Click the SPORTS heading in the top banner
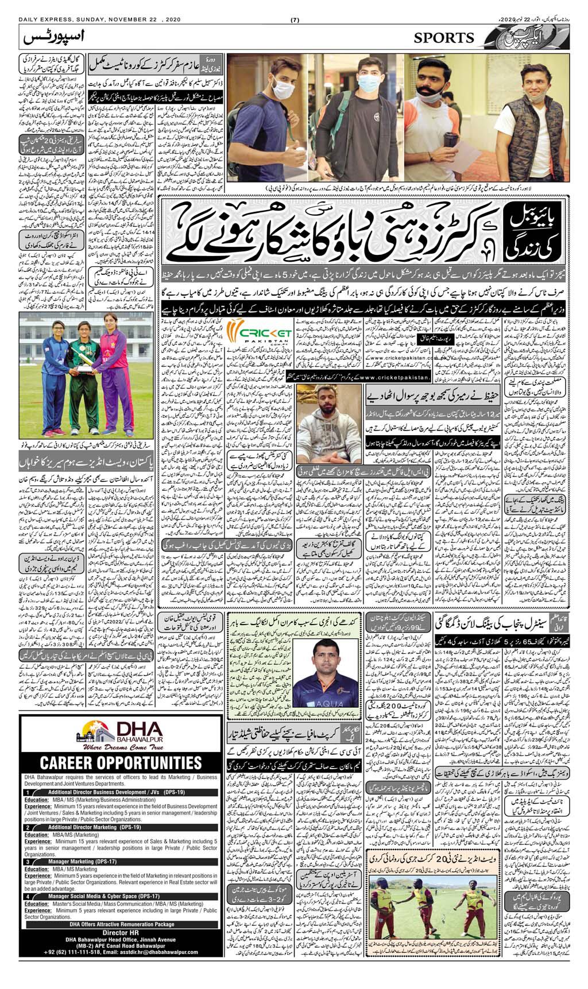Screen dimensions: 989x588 (x=444, y=38)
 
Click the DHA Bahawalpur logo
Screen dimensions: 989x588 (x=114, y=732)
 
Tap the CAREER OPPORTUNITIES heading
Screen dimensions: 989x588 (x=120, y=763)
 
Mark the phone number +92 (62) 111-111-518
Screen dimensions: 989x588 (x=68, y=952)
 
